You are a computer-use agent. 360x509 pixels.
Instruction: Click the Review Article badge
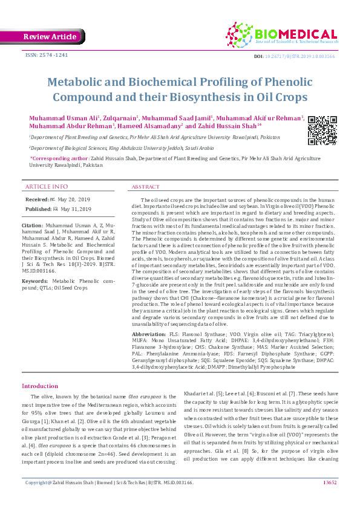[50, 37]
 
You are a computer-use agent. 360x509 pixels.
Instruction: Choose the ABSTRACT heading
[145, 187]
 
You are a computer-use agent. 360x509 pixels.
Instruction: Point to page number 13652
[330, 499]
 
